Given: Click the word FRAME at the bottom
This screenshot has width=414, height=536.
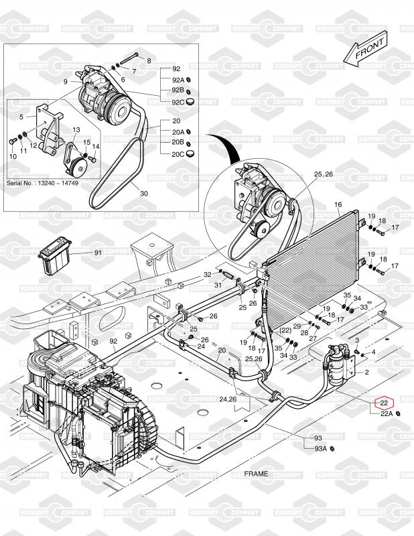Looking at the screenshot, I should pyautogui.click(x=255, y=474).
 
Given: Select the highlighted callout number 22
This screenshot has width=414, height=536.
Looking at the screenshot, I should pyautogui.click(x=385, y=403).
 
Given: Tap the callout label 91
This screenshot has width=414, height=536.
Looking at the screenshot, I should pyautogui.click(x=98, y=253).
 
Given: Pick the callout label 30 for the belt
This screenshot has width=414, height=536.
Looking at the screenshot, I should pyautogui.click(x=144, y=193).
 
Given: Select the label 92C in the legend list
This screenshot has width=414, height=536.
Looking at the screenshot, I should pyautogui.click(x=176, y=102).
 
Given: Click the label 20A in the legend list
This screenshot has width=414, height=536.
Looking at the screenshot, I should pyautogui.click(x=176, y=132).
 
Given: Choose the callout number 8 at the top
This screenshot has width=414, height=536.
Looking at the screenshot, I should pyautogui.click(x=149, y=61).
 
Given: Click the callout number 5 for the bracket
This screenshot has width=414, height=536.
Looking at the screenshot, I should pyautogui.click(x=21, y=117).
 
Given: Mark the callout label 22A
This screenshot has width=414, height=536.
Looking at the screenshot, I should pyautogui.click(x=387, y=414).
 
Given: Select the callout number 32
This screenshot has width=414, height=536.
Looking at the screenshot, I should pyautogui.click(x=208, y=275).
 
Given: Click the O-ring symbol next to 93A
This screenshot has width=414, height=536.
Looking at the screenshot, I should pyautogui.click(x=333, y=448).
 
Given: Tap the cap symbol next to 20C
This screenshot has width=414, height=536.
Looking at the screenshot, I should pyautogui.click(x=190, y=153).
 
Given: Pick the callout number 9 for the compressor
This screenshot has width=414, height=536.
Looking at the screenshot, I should pyautogui.click(x=66, y=81).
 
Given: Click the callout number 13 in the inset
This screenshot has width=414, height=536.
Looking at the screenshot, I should pyautogui.click(x=76, y=129).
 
